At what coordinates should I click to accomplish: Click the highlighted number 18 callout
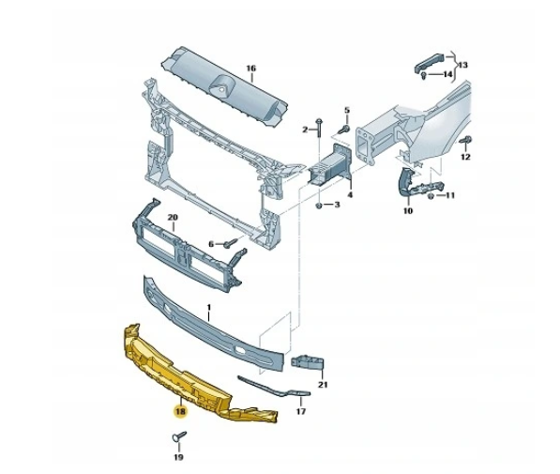click(180, 411)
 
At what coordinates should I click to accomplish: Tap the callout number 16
click(251, 69)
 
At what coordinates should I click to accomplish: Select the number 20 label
click(173, 218)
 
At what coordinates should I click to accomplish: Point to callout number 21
click(323, 385)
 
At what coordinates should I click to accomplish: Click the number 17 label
click(301, 411)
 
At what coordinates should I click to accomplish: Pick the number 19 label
click(178, 457)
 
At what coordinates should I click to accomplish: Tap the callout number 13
click(462, 65)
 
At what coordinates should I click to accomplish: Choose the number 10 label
click(408, 211)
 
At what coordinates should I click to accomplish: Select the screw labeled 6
click(231, 243)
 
